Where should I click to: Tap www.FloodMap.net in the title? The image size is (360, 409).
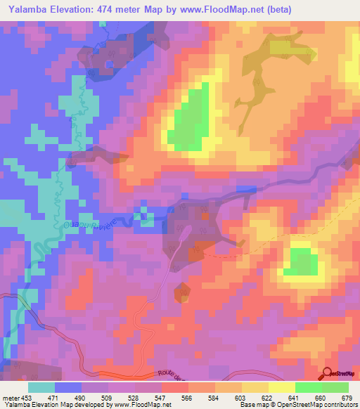click(x=221, y=9)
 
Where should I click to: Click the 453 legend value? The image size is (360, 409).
click(x=21, y=398)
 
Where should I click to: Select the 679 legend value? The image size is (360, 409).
click(x=345, y=398)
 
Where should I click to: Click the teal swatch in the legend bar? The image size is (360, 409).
click(x=41, y=387)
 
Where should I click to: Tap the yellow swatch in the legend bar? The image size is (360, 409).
click(x=281, y=387)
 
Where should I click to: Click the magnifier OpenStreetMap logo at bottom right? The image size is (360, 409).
click(x=327, y=372)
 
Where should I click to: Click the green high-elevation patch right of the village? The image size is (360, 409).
click(x=301, y=261)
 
